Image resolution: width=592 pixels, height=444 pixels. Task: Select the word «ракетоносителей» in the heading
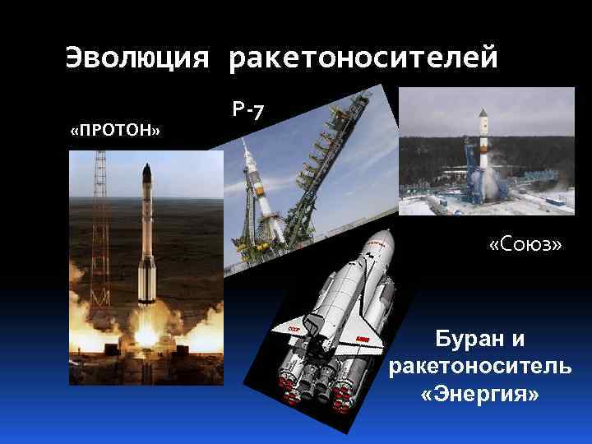pyautogui.click(x=363, y=58)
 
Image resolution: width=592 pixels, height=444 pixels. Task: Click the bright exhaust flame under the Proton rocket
pyautogui.click(x=146, y=329)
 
